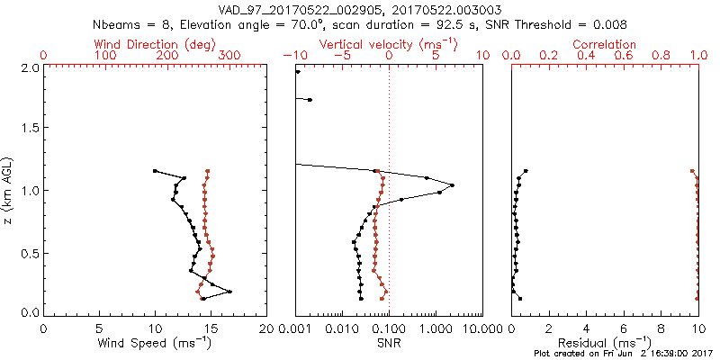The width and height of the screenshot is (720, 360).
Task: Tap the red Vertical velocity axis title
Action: pyautogui.click(x=389, y=43)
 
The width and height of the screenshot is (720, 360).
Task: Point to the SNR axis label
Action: pyautogui.click(x=389, y=343)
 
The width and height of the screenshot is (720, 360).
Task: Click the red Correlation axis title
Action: pyautogui.click(x=604, y=43)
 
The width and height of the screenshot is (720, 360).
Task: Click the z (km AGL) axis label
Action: pyautogui.click(x=8, y=191)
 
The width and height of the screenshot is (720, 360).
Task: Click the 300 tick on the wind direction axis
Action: pyautogui.click(x=229, y=56)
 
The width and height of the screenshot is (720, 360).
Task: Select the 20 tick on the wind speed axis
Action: pyautogui.click(x=266, y=328)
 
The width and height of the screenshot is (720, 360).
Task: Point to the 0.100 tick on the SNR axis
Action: pyautogui.click(x=389, y=328)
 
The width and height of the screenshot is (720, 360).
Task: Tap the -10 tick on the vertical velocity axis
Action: pyautogui.click(x=293, y=56)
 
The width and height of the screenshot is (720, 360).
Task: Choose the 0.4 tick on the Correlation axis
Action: pyautogui.click(x=586, y=56)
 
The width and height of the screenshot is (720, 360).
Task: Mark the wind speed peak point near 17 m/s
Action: pyautogui.click(x=230, y=292)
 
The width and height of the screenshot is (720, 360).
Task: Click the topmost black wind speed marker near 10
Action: pyautogui.click(x=155, y=170)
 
